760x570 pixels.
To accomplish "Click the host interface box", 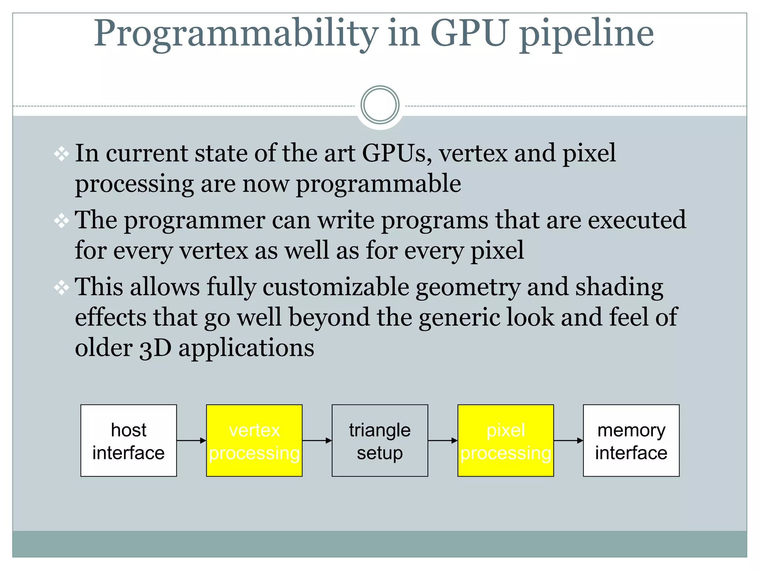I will click(128, 440).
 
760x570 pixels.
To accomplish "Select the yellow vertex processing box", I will click(254, 440).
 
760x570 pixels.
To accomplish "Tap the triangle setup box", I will click(380, 440).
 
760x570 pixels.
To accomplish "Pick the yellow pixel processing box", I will click(505, 440).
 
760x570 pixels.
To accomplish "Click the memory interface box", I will click(631, 440).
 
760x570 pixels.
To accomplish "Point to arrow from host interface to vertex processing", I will click(191, 440).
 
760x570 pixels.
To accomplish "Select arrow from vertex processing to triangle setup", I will click(317, 440).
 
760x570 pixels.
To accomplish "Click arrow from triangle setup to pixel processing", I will click(443, 440).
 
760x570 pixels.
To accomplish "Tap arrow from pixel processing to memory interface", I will click(568, 440).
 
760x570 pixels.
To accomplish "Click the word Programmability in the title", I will click(236, 34).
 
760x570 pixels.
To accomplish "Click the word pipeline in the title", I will click(586, 34).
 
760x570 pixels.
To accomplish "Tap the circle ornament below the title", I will click(380, 105).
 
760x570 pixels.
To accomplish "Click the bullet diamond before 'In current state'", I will click(61, 154).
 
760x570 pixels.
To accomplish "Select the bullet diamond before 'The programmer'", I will click(61, 221).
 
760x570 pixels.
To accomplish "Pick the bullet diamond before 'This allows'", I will click(61, 288).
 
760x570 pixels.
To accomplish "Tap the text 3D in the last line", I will click(155, 348).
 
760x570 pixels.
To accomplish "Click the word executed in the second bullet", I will click(637, 220).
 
